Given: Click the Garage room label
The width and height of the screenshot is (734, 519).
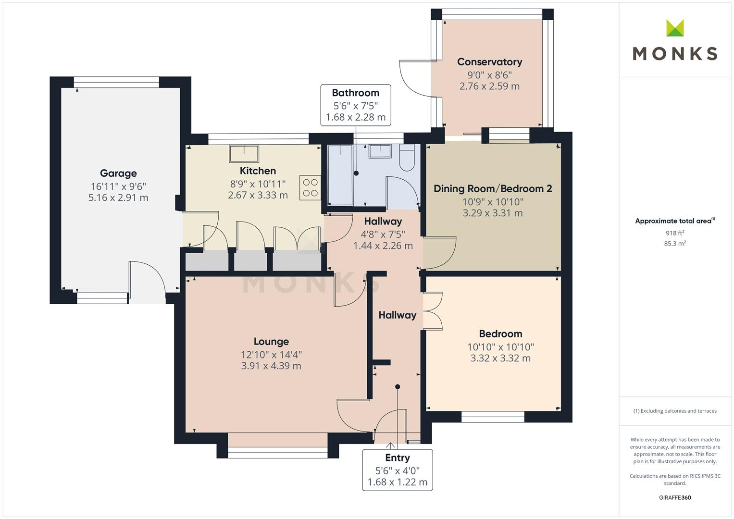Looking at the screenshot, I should [x=118, y=173].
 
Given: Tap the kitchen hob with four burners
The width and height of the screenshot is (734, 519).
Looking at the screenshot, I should [x=310, y=188].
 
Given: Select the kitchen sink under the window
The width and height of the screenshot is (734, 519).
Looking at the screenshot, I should [x=244, y=154].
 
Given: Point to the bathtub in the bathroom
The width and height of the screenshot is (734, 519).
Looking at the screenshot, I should [x=340, y=175].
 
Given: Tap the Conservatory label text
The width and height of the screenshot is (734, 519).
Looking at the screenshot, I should [x=489, y=62].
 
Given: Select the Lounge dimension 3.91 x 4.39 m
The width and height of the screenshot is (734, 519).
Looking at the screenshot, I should [x=271, y=366].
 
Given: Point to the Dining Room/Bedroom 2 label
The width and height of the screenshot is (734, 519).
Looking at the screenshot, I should [x=493, y=189].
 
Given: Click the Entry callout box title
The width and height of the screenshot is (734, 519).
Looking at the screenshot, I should [x=397, y=458].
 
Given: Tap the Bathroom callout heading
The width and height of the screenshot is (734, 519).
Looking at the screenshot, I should [x=355, y=93].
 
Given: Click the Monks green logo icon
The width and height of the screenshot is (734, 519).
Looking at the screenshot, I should [x=675, y=28].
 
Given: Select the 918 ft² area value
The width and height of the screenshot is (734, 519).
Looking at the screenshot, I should [x=674, y=233].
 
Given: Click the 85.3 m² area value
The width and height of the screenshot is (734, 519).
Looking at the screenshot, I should [x=674, y=244].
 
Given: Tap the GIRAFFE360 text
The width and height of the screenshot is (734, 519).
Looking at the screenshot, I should [x=674, y=497].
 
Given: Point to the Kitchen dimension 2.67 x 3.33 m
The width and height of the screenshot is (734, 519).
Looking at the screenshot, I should [x=258, y=195].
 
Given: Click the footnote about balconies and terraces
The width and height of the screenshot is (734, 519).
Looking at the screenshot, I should [x=674, y=411].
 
